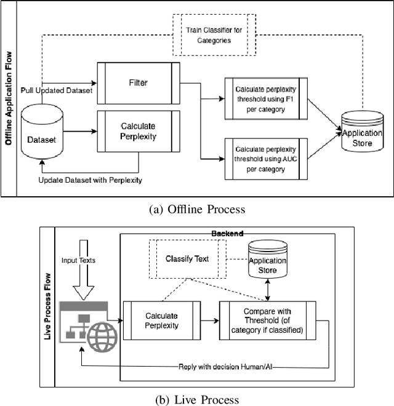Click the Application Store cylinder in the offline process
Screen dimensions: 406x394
click(x=361, y=130)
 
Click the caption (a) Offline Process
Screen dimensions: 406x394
click(x=197, y=209)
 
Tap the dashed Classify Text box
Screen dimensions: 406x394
click(x=187, y=258)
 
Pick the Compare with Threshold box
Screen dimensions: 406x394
click(x=268, y=320)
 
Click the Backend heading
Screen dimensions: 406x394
click(x=228, y=234)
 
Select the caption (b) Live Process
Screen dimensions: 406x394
click(x=197, y=399)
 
